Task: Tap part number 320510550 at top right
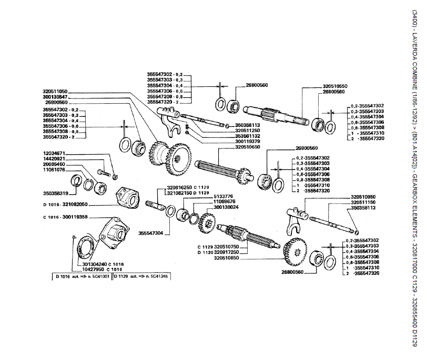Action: (335, 85)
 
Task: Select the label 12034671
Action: (54, 153)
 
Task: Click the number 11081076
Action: (54, 170)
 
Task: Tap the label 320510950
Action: (365, 196)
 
